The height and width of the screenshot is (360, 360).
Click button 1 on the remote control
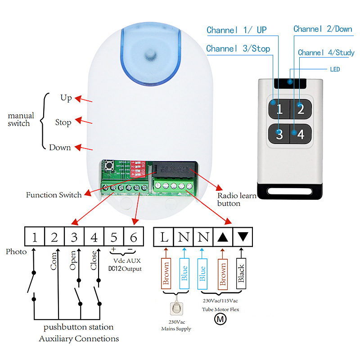click(279, 109)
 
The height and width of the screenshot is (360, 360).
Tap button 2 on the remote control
click(300, 109)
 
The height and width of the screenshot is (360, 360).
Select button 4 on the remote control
click(300, 134)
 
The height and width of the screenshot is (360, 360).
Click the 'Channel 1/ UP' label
click(237, 30)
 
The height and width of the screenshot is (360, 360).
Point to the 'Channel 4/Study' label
click(326, 53)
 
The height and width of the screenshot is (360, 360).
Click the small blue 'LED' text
click(334, 70)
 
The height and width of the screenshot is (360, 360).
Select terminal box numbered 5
click(114, 237)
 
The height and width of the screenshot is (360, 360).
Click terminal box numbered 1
click(35, 237)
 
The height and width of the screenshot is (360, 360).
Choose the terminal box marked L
click(164, 237)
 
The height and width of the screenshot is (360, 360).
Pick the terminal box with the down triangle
click(243, 237)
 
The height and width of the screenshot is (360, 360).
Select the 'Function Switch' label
click(54, 195)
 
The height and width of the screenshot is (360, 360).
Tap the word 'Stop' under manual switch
click(63, 122)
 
